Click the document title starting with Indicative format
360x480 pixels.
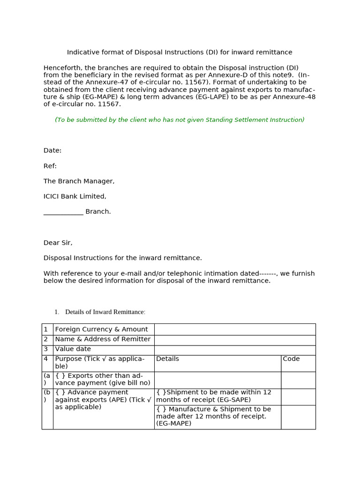180,52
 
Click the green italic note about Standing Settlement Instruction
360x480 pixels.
180,120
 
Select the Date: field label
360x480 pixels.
52,150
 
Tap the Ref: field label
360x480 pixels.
50,166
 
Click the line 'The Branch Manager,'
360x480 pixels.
79,181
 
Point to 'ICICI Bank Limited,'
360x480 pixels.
75,196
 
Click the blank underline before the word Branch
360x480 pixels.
63,212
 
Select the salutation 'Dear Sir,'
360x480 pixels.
58,243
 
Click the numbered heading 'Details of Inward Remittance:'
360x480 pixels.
105,312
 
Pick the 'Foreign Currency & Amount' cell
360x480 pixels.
102,330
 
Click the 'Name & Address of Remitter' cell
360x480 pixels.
103,339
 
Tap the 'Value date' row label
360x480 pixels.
73,349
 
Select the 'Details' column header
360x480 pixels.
168,359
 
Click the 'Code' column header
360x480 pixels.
291,359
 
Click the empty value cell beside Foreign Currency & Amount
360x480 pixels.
234,330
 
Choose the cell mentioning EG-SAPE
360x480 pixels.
214,396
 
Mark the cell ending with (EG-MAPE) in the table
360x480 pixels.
214,416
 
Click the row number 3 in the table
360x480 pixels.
46,349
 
